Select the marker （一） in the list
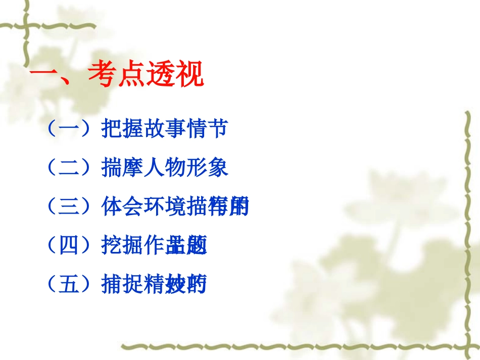[68, 129]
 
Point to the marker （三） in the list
[68, 208]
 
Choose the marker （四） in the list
[68, 246]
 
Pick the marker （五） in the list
[68, 286]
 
